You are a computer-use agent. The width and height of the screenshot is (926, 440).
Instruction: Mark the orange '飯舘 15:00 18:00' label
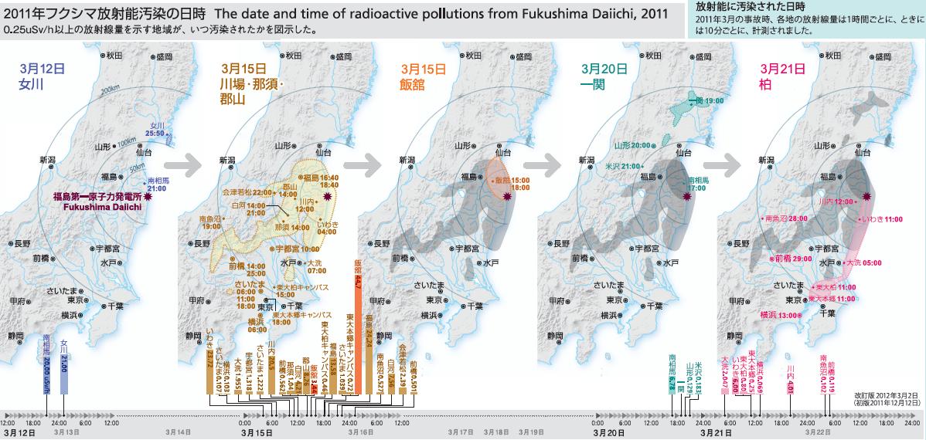pyautogui.click(x=512, y=183)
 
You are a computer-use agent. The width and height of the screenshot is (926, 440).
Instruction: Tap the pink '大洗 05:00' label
pyautogui.click(x=863, y=262)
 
